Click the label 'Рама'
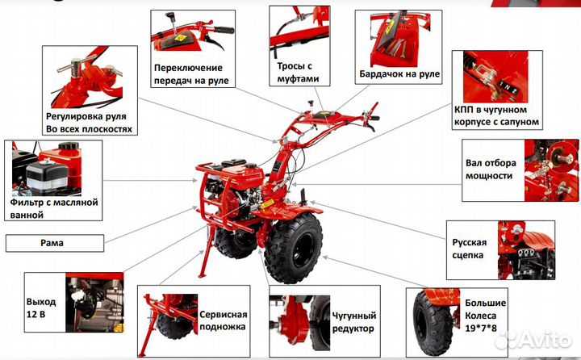(52, 243)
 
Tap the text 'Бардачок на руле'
(399, 73)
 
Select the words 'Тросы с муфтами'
(298, 73)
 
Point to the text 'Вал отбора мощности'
(491, 169)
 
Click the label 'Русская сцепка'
(469, 249)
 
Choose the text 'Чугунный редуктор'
(354, 322)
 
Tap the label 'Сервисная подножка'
(223, 320)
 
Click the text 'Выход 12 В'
(41, 308)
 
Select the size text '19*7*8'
(481, 328)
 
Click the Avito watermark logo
(533, 339)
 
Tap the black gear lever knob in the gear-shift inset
(170, 17)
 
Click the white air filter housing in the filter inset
(47, 177)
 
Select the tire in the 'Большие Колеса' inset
(433, 324)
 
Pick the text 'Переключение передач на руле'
(191, 74)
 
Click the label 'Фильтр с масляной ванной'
(54, 208)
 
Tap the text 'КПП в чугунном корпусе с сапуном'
(496, 115)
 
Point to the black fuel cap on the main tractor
(251, 165)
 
